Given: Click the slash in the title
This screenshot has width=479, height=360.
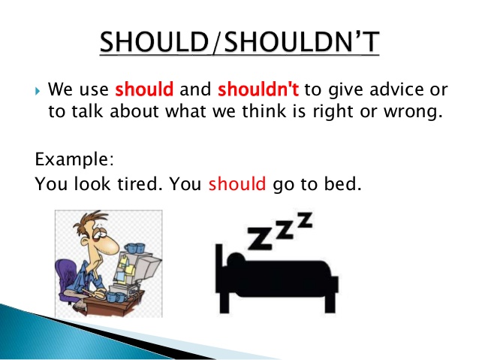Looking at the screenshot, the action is click(216, 42).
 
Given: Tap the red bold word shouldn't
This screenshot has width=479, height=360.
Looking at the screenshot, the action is click(258, 89).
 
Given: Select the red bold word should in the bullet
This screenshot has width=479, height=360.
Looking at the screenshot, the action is click(144, 89).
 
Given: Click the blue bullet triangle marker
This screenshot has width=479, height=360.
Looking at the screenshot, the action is click(38, 91).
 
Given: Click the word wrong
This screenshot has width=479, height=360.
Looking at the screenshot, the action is click(413, 112).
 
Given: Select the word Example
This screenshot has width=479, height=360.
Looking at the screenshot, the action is click(74, 159).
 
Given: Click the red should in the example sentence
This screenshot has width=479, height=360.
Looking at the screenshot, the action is click(237, 184).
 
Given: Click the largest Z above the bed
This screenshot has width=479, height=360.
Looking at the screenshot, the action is click(259, 237).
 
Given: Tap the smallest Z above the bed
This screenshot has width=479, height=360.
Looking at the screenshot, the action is click(305, 220).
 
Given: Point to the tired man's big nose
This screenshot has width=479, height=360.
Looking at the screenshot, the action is click(110, 245).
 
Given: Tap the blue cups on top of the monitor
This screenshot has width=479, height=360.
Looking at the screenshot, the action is click(134, 247).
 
